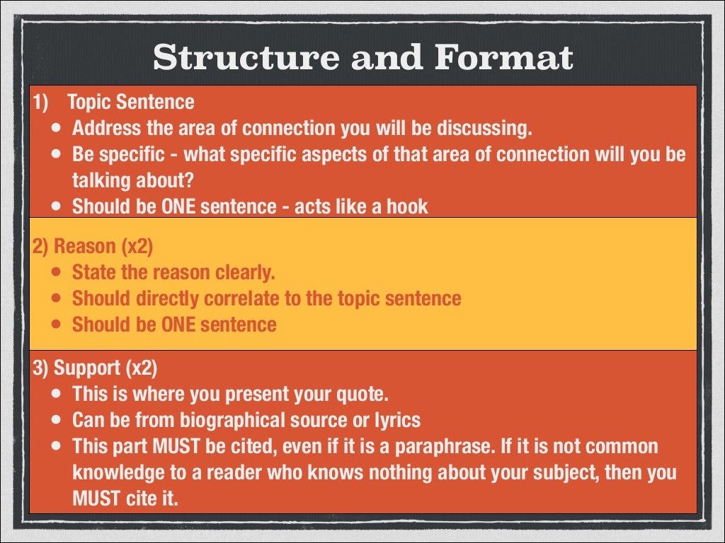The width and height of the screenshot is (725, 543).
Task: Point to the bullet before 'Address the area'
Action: [x=56, y=129]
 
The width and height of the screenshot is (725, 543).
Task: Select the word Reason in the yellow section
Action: [x=84, y=246]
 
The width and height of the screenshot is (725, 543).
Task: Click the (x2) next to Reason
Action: [x=137, y=246]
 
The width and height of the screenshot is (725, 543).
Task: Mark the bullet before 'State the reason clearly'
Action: [x=56, y=273]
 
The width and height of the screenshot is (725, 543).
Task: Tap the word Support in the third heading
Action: [x=86, y=368]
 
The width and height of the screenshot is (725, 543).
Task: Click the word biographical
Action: [x=224, y=420]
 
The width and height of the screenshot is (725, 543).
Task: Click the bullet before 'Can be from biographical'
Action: [x=56, y=421]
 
